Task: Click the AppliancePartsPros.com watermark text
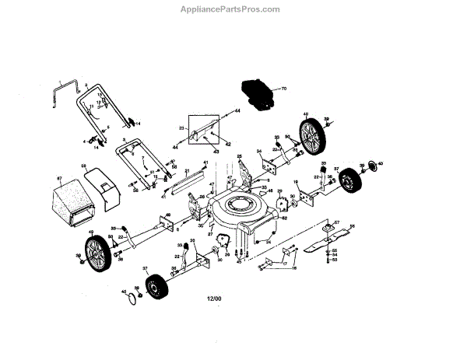point(233,9)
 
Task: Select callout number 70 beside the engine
point(284,89)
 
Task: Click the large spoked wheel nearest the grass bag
point(100,254)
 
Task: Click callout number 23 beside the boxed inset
point(181,128)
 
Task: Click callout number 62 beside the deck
point(285,220)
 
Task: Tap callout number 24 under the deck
point(268,242)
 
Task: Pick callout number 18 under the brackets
point(294,267)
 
